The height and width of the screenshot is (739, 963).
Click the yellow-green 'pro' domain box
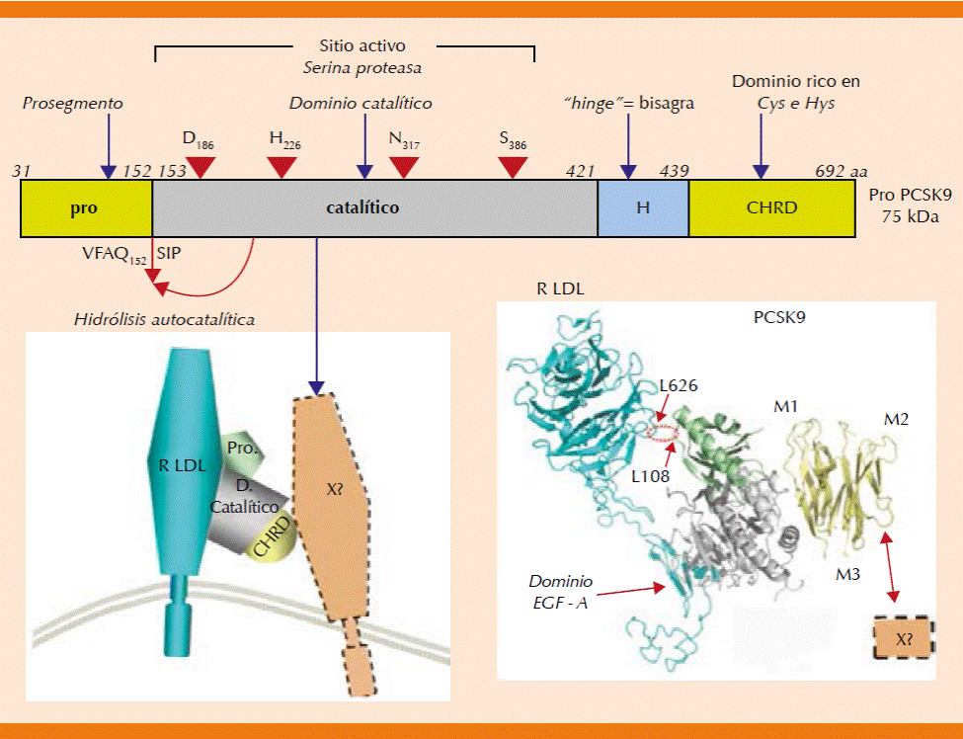86,208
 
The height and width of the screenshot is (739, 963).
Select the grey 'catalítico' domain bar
374,208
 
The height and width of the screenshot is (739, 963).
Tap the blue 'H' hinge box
642,208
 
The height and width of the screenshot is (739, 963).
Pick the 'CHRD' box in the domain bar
771,208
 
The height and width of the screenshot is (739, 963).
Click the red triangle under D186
201,168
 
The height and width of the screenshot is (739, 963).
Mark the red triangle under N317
403,168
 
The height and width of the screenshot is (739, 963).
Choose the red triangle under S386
513,168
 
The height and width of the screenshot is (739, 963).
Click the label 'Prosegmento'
74,103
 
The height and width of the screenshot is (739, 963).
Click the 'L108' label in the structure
652,476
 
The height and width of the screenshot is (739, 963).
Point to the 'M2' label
897,419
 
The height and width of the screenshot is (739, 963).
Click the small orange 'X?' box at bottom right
904,638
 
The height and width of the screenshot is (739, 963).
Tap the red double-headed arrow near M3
892,566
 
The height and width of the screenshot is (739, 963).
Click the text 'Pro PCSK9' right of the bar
910,197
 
